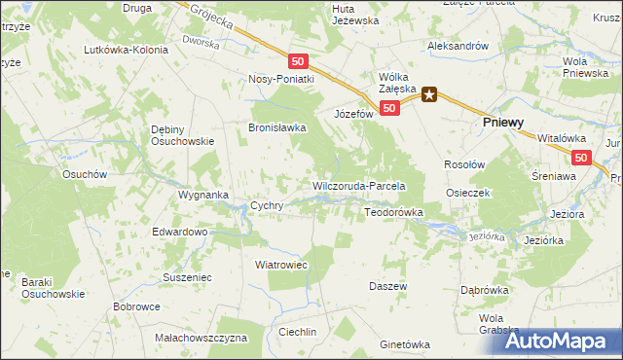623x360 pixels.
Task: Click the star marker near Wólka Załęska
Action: tap(429, 94)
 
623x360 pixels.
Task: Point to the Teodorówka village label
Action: tap(393, 211)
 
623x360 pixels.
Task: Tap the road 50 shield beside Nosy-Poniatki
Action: tap(298, 60)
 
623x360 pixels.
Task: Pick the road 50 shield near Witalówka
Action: tap(581, 158)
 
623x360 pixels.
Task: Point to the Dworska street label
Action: tap(202, 41)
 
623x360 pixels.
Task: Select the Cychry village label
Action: tap(267, 206)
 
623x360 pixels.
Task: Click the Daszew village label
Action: tap(387, 286)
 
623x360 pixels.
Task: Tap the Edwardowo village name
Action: tap(180, 233)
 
